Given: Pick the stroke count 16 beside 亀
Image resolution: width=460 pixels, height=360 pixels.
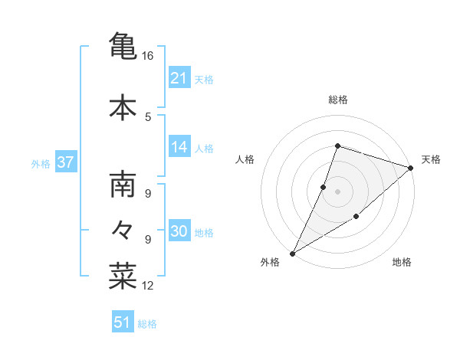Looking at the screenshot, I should pos(147,56).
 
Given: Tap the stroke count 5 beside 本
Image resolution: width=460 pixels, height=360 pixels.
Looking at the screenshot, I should pos(147,116).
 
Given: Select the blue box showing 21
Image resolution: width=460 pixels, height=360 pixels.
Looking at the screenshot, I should pos(179,77).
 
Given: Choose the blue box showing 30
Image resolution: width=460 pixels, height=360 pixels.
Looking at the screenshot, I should pos(179,231).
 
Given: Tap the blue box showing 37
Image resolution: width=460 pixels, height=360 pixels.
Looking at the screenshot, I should pos(65,162).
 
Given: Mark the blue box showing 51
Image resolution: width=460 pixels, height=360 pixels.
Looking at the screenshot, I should pos(123,322).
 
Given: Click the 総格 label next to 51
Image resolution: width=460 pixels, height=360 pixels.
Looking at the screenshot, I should pos(147,324).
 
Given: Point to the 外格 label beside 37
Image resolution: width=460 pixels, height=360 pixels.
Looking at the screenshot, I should pos(41,163).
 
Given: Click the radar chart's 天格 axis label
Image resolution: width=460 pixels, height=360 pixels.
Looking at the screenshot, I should pos(431,159).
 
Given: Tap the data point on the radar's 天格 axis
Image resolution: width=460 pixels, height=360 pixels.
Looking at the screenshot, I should pos(411,168).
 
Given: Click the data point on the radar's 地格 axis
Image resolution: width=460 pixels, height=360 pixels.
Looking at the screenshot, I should pos(356,218).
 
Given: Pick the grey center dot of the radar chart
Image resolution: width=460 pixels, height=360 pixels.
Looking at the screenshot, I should pos(337,191).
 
